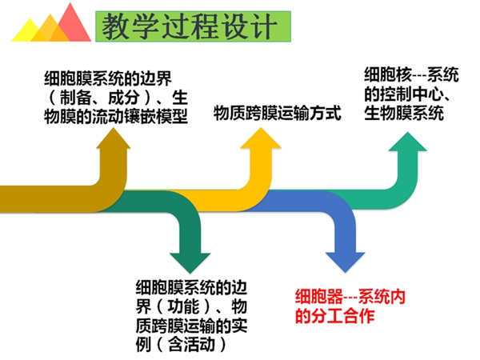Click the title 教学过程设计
[190, 26]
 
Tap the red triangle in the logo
[73, 25]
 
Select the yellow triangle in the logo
[30, 31]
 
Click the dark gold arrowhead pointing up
[114, 138]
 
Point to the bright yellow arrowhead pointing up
[261, 138]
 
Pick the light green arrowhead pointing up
[407, 142]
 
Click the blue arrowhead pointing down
[345, 262]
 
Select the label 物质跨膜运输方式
[278, 113]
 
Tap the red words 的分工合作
[335, 316]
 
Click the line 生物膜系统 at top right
[404, 113]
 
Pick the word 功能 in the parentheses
[183, 306]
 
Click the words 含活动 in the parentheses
[191, 345]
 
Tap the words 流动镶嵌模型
[140, 117]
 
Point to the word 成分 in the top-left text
[124, 98]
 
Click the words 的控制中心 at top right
[404, 94]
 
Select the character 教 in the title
[114, 26]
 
